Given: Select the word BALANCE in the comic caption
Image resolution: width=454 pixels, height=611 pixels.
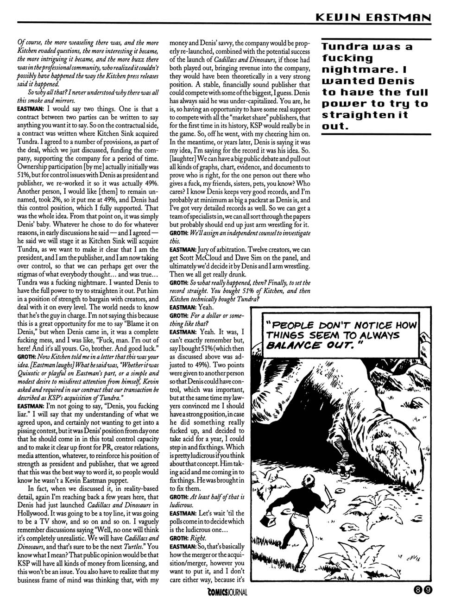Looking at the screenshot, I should (x=290, y=345).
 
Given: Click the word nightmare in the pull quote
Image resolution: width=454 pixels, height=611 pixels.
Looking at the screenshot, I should (x=359, y=69).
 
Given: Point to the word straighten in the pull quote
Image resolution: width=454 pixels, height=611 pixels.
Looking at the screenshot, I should (x=358, y=115).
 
